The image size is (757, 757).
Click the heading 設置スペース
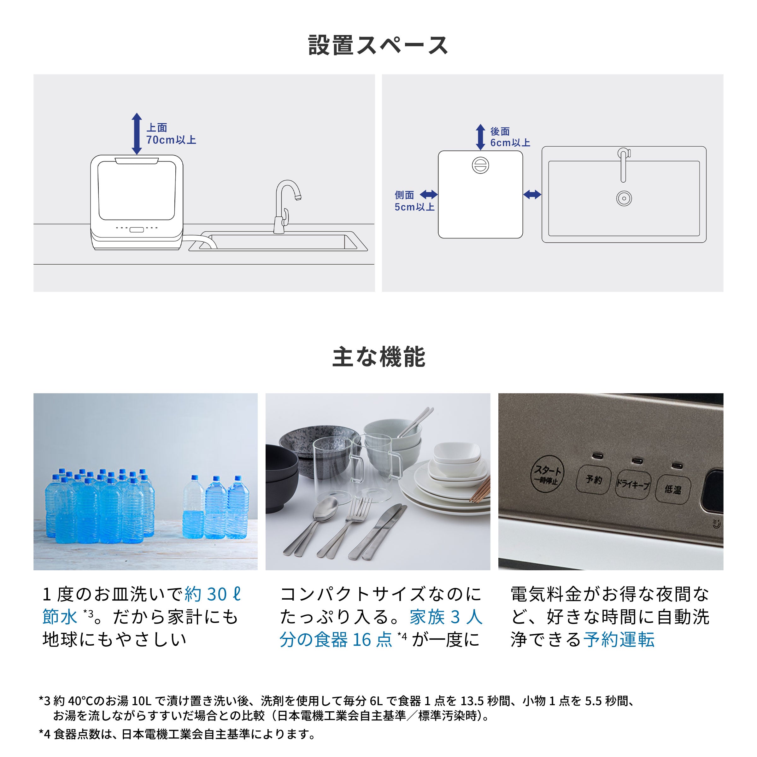click(x=378, y=45)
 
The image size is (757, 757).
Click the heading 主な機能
click(x=378, y=357)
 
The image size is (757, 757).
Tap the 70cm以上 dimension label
click(x=171, y=140)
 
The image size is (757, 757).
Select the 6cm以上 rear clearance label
click(x=510, y=143)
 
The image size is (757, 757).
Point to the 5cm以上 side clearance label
click(x=414, y=207)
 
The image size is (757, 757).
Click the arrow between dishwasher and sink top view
click(x=532, y=194)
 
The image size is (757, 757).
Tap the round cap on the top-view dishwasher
click(x=480, y=165)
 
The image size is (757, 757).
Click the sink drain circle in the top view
click(x=624, y=198)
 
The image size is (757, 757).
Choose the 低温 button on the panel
click(x=673, y=489)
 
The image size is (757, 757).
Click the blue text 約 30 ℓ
click(x=213, y=594)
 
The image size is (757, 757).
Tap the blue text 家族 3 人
click(x=446, y=617)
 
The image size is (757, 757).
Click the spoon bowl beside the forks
click(x=326, y=508)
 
